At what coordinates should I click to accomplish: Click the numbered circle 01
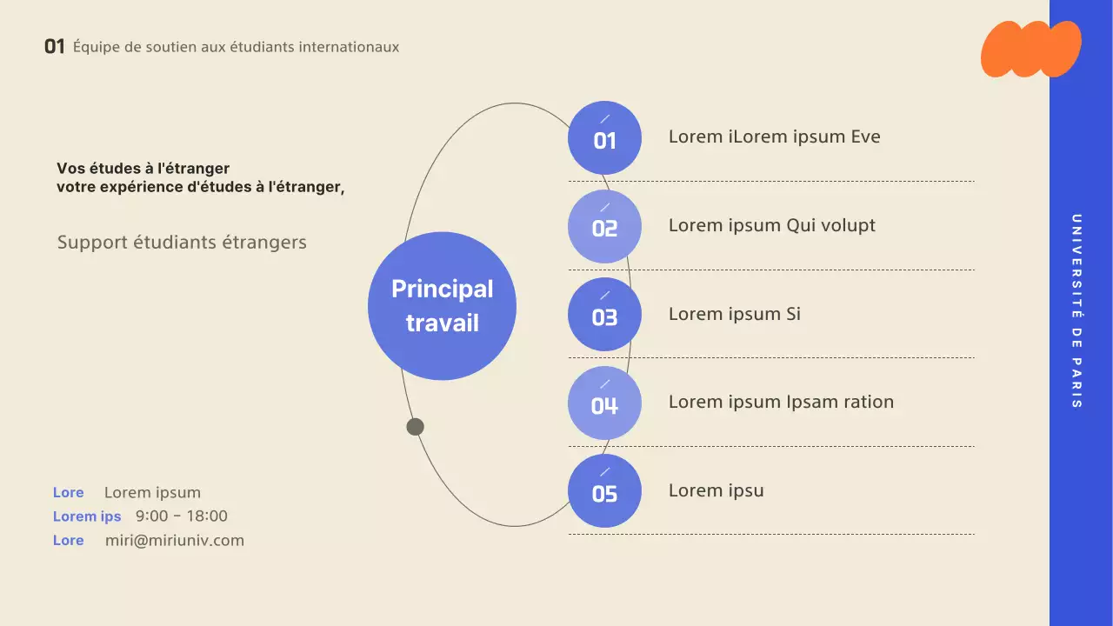pyautogui.click(x=604, y=138)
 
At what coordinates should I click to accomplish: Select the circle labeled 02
pyautogui.click(x=604, y=227)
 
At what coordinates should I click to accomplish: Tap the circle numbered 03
pyautogui.click(x=604, y=315)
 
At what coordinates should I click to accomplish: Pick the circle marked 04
pyautogui.click(x=604, y=403)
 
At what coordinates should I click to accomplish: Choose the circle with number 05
pyautogui.click(x=604, y=491)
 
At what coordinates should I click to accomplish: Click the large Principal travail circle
pyautogui.click(x=442, y=306)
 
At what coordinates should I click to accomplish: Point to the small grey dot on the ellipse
pyautogui.click(x=416, y=427)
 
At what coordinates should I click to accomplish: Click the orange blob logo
pyautogui.click(x=1030, y=49)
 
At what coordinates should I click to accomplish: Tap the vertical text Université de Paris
pyautogui.click(x=1076, y=311)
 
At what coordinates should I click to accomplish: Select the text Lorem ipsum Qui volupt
pyautogui.click(x=771, y=225)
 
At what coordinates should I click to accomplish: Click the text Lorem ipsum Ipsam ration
pyautogui.click(x=781, y=402)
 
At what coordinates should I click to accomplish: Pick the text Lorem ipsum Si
pyautogui.click(x=734, y=314)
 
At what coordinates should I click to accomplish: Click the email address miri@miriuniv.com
pyautogui.click(x=175, y=541)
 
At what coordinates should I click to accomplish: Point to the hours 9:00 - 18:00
pyautogui.click(x=182, y=516)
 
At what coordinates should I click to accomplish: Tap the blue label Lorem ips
pyautogui.click(x=87, y=516)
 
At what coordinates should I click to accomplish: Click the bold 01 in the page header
pyautogui.click(x=55, y=47)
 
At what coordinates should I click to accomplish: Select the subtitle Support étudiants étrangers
pyautogui.click(x=182, y=242)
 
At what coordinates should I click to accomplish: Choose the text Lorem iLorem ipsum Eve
pyautogui.click(x=774, y=137)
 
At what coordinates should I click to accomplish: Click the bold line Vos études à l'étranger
pyautogui.click(x=143, y=169)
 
